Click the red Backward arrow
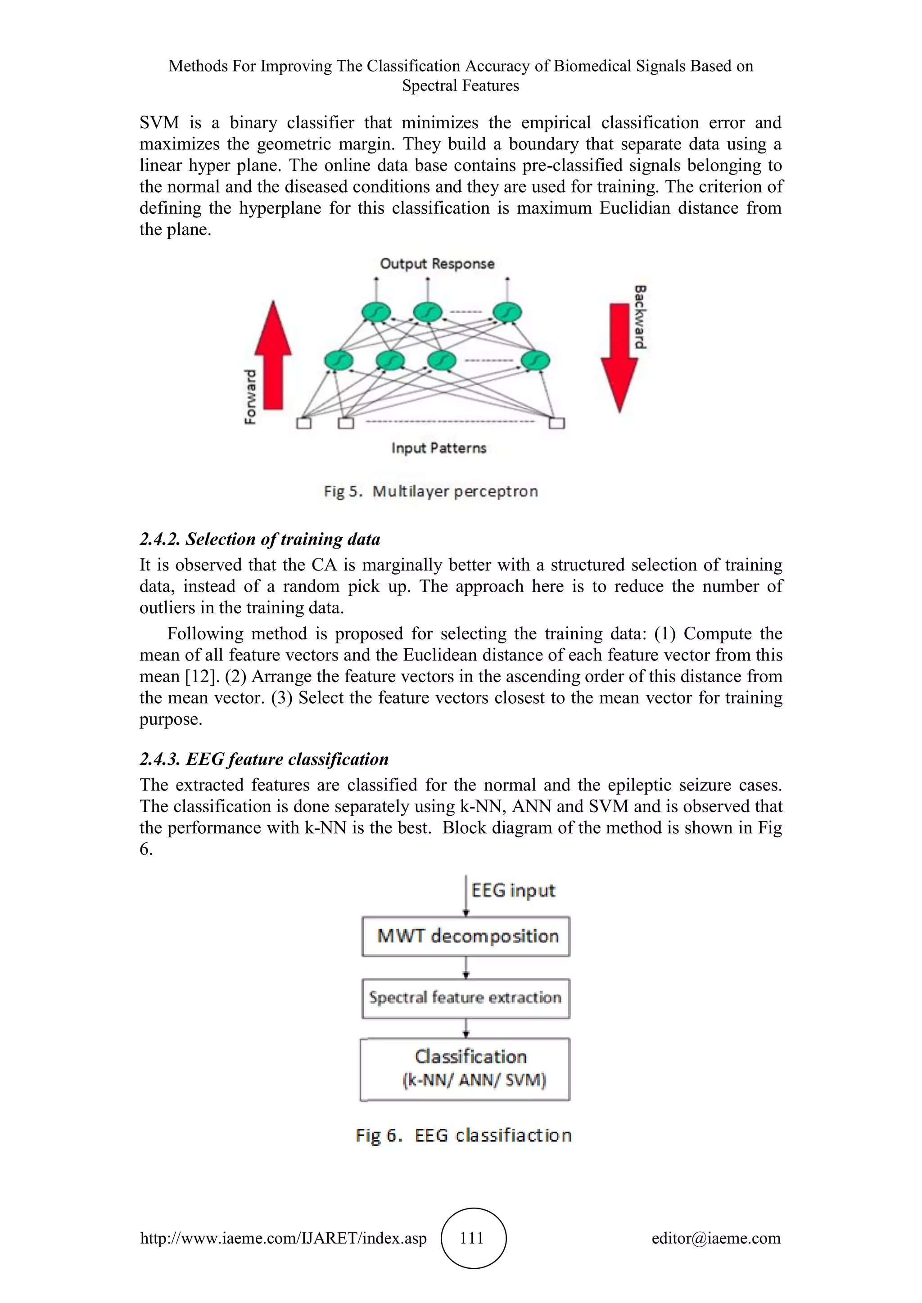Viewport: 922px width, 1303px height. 619,358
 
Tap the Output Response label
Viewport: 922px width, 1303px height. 437,264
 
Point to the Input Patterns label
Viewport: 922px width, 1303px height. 439,448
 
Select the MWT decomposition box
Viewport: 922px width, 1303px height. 466,936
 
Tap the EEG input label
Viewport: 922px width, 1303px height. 513,890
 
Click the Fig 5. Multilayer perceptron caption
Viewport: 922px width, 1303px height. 431,491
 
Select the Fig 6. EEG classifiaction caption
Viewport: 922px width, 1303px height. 463,1135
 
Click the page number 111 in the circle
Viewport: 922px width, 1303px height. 472,1238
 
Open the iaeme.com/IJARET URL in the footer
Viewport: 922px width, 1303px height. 283,1238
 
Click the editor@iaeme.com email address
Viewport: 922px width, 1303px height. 716,1238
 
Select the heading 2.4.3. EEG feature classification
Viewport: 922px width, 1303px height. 264,759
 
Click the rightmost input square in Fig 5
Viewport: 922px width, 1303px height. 557,423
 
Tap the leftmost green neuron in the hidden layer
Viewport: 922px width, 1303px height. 339,360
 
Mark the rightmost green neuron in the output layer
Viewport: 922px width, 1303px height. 507,312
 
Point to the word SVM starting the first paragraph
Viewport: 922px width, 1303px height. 159,122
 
